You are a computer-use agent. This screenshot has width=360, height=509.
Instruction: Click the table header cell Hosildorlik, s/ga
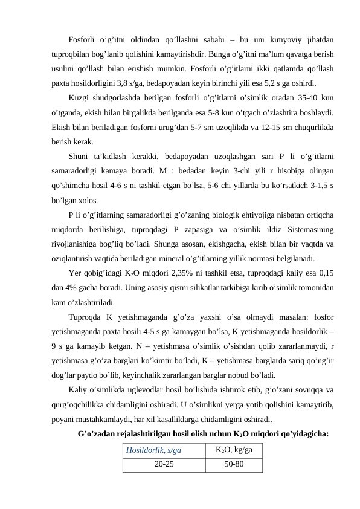point(154,450)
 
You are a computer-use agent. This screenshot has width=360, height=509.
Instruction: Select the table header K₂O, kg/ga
point(234,449)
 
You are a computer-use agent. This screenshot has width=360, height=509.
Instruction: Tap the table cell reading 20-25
point(162,464)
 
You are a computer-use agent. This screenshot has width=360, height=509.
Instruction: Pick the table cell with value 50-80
point(234,464)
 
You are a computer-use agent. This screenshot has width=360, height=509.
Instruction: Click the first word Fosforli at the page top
point(83,39)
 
